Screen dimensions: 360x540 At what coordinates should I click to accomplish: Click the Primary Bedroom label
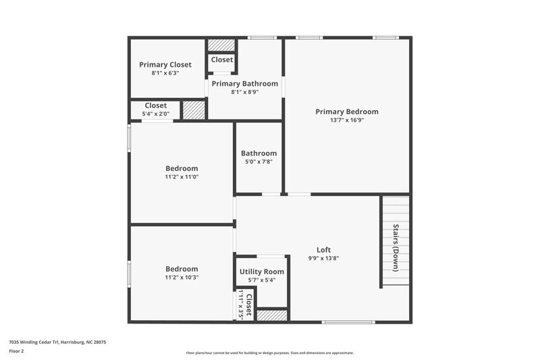point(347,111)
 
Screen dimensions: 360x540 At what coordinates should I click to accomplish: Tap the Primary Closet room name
point(165,65)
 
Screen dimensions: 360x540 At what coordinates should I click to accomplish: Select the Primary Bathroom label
point(244,84)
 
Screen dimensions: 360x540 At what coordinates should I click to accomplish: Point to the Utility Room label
point(262,272)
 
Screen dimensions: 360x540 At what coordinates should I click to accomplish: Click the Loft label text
point(323,250)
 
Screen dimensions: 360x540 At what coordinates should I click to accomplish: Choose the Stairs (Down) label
point(396,247)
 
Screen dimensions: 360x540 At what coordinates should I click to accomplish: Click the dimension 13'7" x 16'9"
point(347,120)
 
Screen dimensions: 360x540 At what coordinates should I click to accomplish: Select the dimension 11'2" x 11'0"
point(182,177)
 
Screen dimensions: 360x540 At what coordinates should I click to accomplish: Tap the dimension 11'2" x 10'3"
point(182,277)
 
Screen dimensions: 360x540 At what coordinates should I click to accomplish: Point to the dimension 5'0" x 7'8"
point(259,162)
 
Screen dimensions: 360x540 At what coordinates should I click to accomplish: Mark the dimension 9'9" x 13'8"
point(323,258)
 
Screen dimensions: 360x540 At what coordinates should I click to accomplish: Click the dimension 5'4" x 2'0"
point(155,113)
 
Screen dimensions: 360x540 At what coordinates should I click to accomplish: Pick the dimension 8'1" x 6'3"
point(165,73)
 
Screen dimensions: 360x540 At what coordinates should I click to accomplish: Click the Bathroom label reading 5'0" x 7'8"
point(259,153)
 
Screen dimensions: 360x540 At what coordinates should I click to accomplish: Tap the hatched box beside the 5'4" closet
point(194,110)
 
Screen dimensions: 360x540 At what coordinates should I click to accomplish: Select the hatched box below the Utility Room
point(272,315)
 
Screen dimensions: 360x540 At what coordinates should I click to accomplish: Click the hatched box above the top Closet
point(221,45)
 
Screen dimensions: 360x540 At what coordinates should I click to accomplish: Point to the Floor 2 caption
point(16,351)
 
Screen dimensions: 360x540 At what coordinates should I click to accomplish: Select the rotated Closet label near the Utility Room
point(249,305)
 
